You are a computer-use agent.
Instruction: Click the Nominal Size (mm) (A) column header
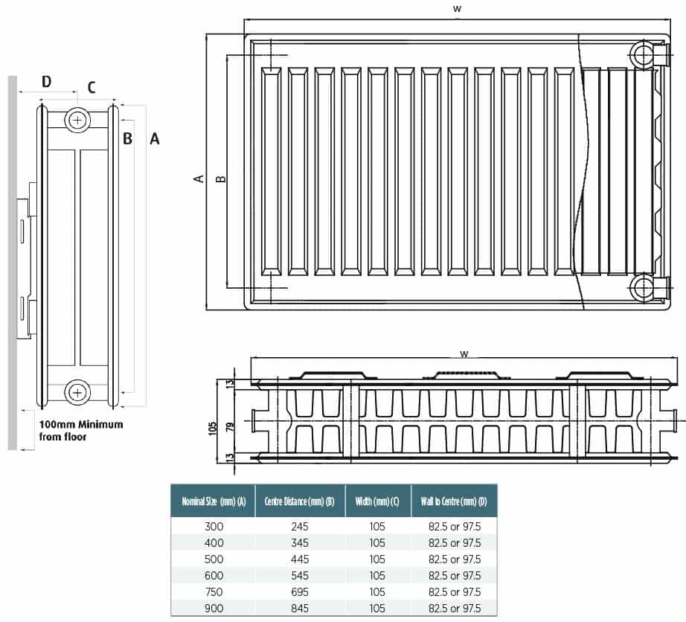213,501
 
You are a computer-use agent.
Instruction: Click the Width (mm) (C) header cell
377,501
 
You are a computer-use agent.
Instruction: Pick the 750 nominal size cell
214,591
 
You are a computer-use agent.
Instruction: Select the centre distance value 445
300,559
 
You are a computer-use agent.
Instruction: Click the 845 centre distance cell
300,608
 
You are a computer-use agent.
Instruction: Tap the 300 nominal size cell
214,526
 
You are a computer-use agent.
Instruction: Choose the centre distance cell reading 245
300,526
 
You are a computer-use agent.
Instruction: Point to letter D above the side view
46,81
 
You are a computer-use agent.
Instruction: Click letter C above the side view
92,87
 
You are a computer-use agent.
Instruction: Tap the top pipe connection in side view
77,120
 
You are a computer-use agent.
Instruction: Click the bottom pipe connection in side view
77,392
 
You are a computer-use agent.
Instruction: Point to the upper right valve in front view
642,55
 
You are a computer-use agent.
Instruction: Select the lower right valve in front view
642,287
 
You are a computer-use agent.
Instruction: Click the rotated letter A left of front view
199,179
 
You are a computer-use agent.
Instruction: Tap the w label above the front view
457,8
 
